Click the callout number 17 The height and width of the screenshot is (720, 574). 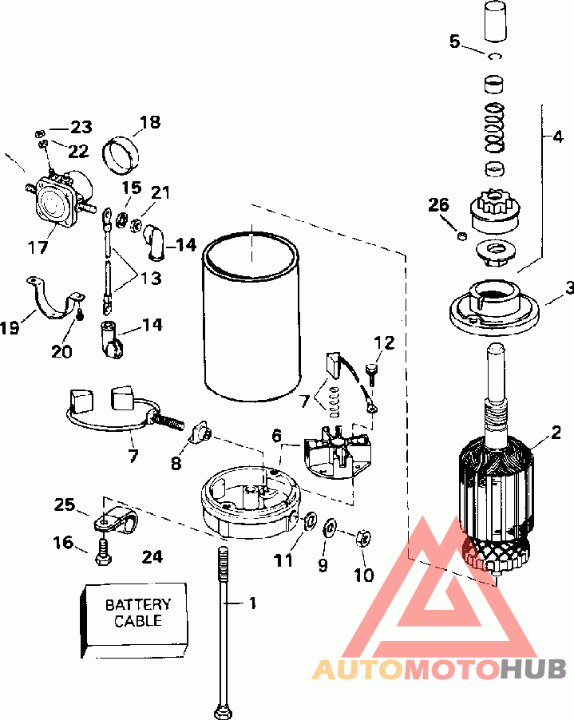pyautogui.click(x=38, y=247)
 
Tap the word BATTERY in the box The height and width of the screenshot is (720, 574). pyautogui.click(x=138, y=604)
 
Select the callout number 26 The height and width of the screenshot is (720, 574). pyautogui.click(x=438, y=205)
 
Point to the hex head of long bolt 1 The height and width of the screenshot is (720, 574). pyautogui.click(x=224, y=710)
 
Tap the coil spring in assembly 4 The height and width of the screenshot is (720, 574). pyautogui.click(x=495, y=127)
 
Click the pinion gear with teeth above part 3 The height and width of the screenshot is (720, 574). pyautogui.click(x=495, y=213)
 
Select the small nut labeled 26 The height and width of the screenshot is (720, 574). pyautogui.click(x=462, y=236)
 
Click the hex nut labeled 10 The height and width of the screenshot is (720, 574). pyautogui.click(x=363, y=538)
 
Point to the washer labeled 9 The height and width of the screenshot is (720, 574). pyautogui.click(x=330, y=528)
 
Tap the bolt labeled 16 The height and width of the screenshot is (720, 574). pyautogui.click(x=102, y=552)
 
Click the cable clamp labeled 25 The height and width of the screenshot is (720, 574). pyautogui.click(x=115, y=520)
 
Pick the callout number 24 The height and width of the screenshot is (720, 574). pyautogui.click(x=152, y=557)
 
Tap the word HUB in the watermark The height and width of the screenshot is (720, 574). pyautogui.click(x=533, y=670)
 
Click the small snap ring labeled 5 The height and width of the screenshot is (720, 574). pyautogui.click(x=495, y=56)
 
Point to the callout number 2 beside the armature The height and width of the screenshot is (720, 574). pyautogui.click(x=556, y=432)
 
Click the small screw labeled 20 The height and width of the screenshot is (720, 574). pyautogui.click(x=79, y=316)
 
